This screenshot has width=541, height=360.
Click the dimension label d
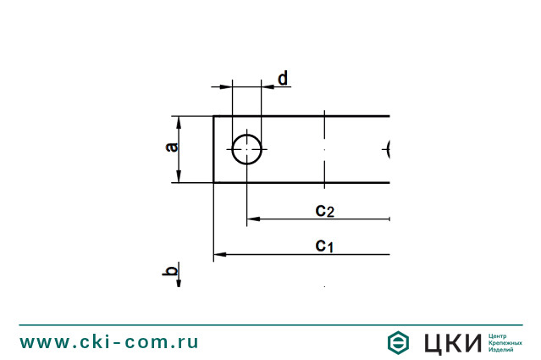point(283,78)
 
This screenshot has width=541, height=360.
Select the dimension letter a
point(172,148)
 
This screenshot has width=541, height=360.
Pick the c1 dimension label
point(325,246)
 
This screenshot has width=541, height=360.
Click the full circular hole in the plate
point(247,149)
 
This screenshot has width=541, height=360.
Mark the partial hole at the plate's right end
point(387,150)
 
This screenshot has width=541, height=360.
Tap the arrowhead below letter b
point(178,283)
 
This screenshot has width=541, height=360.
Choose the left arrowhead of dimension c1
point(218,253)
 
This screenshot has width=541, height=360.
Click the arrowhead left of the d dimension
point(226,86)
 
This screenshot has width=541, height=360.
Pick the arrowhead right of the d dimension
point(268,86)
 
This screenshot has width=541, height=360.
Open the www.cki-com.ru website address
point(109,342)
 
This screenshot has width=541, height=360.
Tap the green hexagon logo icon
point(399,342)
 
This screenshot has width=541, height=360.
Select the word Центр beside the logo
point(499,335)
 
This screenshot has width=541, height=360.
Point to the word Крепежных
point(505,342)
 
